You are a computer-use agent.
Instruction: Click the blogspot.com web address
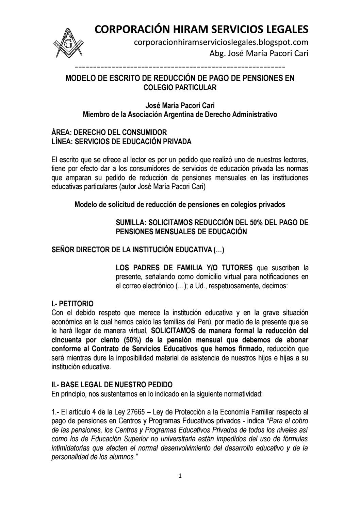[x=221, y=42]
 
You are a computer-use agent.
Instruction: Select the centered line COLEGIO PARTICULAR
[x=180, y=87]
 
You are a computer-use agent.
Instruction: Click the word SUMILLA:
[x=131, y=223]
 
